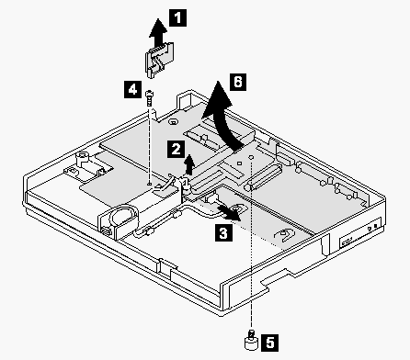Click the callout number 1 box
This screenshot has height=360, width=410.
[177, 17]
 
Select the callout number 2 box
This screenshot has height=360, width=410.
[176, 149]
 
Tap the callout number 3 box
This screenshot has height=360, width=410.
[223, 232]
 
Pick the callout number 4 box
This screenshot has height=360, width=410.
[132, 89]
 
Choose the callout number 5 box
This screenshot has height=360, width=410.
[270, 343]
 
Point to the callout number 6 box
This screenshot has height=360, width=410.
[238, 82]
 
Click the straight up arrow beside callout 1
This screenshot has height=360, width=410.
[158, 32]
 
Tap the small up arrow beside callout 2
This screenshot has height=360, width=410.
[190, 164]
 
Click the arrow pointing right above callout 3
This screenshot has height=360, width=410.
[229, 213]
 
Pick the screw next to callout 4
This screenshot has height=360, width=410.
[149, 98]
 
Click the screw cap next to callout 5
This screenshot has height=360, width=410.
[251, 339]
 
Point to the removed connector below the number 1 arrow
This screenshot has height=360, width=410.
[159, 59]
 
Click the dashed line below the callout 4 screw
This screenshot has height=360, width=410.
[149, 144]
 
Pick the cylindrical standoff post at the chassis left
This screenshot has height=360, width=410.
[82, 160]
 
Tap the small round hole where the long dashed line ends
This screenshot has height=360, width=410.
[251, 157]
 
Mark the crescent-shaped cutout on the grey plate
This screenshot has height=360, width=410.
[285, 235]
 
